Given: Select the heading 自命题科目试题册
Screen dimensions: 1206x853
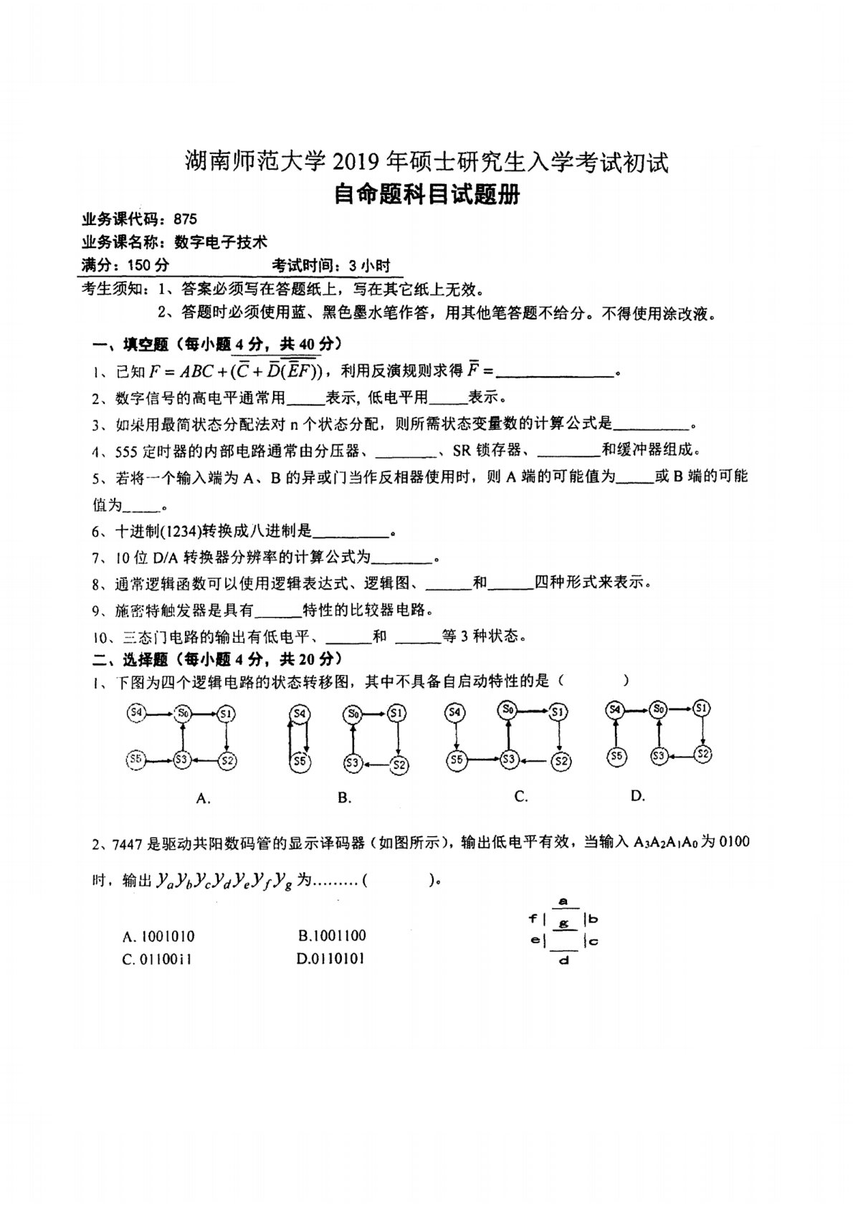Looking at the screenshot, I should click(x=426, y=194).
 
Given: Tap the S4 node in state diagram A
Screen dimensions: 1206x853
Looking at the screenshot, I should click(x=136, y=712).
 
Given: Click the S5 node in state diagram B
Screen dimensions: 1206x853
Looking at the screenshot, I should click(x=300, y=762).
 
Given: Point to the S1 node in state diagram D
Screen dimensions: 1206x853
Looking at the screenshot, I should click(x=702, y=709).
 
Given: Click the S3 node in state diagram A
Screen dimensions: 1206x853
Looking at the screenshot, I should click(x=182, y=759).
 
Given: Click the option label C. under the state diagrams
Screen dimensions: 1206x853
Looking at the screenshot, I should click(x=521, y=796).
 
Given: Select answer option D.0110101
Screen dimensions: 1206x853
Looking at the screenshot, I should click(x=330, y=959).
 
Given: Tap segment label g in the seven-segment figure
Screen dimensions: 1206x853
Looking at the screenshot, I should click(x=563, y=924).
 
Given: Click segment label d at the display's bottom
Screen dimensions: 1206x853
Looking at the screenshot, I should click(x=563, y=960).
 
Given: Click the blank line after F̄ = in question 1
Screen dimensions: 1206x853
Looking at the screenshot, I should click(x=556, y=373).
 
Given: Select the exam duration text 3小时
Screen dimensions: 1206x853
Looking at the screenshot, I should click(x=370, y=266).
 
